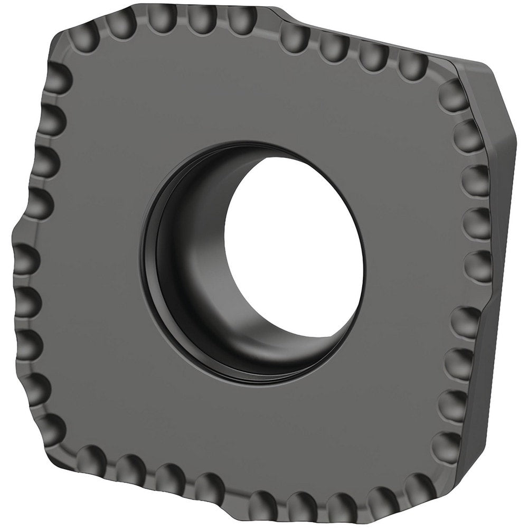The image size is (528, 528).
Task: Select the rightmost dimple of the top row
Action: [x=412, y=65]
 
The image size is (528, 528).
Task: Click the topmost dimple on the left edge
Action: [x=58, y=79]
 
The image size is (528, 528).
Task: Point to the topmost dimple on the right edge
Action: [x=451, y=95]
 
